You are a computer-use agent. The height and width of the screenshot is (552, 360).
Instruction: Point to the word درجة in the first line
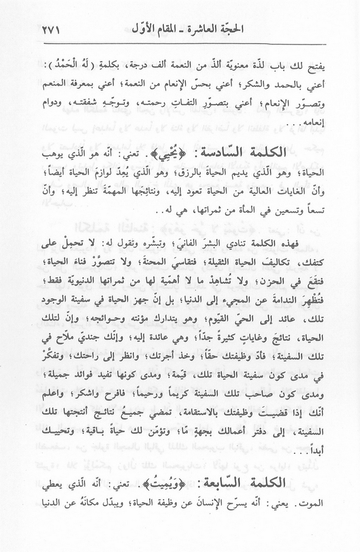pos(132,65)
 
